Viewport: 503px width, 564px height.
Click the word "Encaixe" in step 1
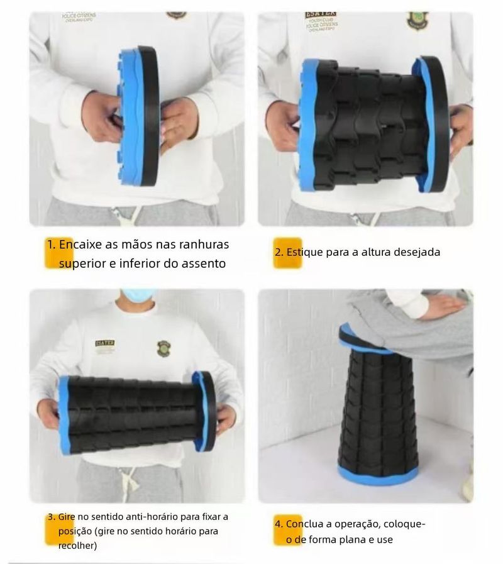point(80,245)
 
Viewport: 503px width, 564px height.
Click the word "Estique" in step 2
point(304,252)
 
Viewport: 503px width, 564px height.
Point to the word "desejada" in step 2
point(417,252)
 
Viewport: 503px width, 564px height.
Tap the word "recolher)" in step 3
point(77,546)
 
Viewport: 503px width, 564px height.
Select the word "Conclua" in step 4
point(304,524)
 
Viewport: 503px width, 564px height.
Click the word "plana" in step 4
point(361,539)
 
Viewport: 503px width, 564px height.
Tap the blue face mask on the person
point(138,297)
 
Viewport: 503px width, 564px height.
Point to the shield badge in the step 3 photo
point(163,348)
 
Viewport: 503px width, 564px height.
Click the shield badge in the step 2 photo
point(417,21)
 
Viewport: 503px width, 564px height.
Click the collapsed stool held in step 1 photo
point(138,116)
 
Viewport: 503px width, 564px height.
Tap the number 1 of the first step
point(52,245)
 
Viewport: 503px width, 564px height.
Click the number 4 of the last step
point(279,524)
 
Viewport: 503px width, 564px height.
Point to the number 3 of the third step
point(52,517)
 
